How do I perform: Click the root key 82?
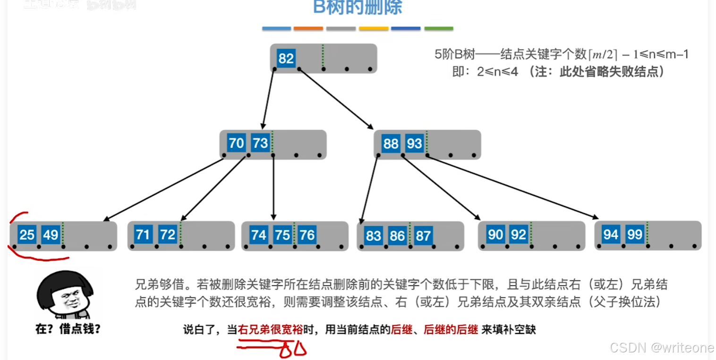point(286,59)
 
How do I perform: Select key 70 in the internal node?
point(236,143)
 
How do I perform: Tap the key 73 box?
point(260,143)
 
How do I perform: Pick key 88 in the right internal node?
point(391,143)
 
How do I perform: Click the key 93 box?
point(414,143)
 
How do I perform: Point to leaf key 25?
point(27,234)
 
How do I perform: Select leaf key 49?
point(51,234)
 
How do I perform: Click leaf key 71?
point(143,234)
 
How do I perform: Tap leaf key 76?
point(307,235)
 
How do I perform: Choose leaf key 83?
point(373,235)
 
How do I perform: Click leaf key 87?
point(423,235)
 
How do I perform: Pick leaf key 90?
point(495,234)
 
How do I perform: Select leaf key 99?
point(634,234)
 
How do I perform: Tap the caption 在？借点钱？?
point(68,329)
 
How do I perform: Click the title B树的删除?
point(358,8)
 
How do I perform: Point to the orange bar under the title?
point(308,29)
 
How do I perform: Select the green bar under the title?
point(439,29)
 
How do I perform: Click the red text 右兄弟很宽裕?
point(271,330)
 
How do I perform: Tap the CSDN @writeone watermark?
point(662,348)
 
